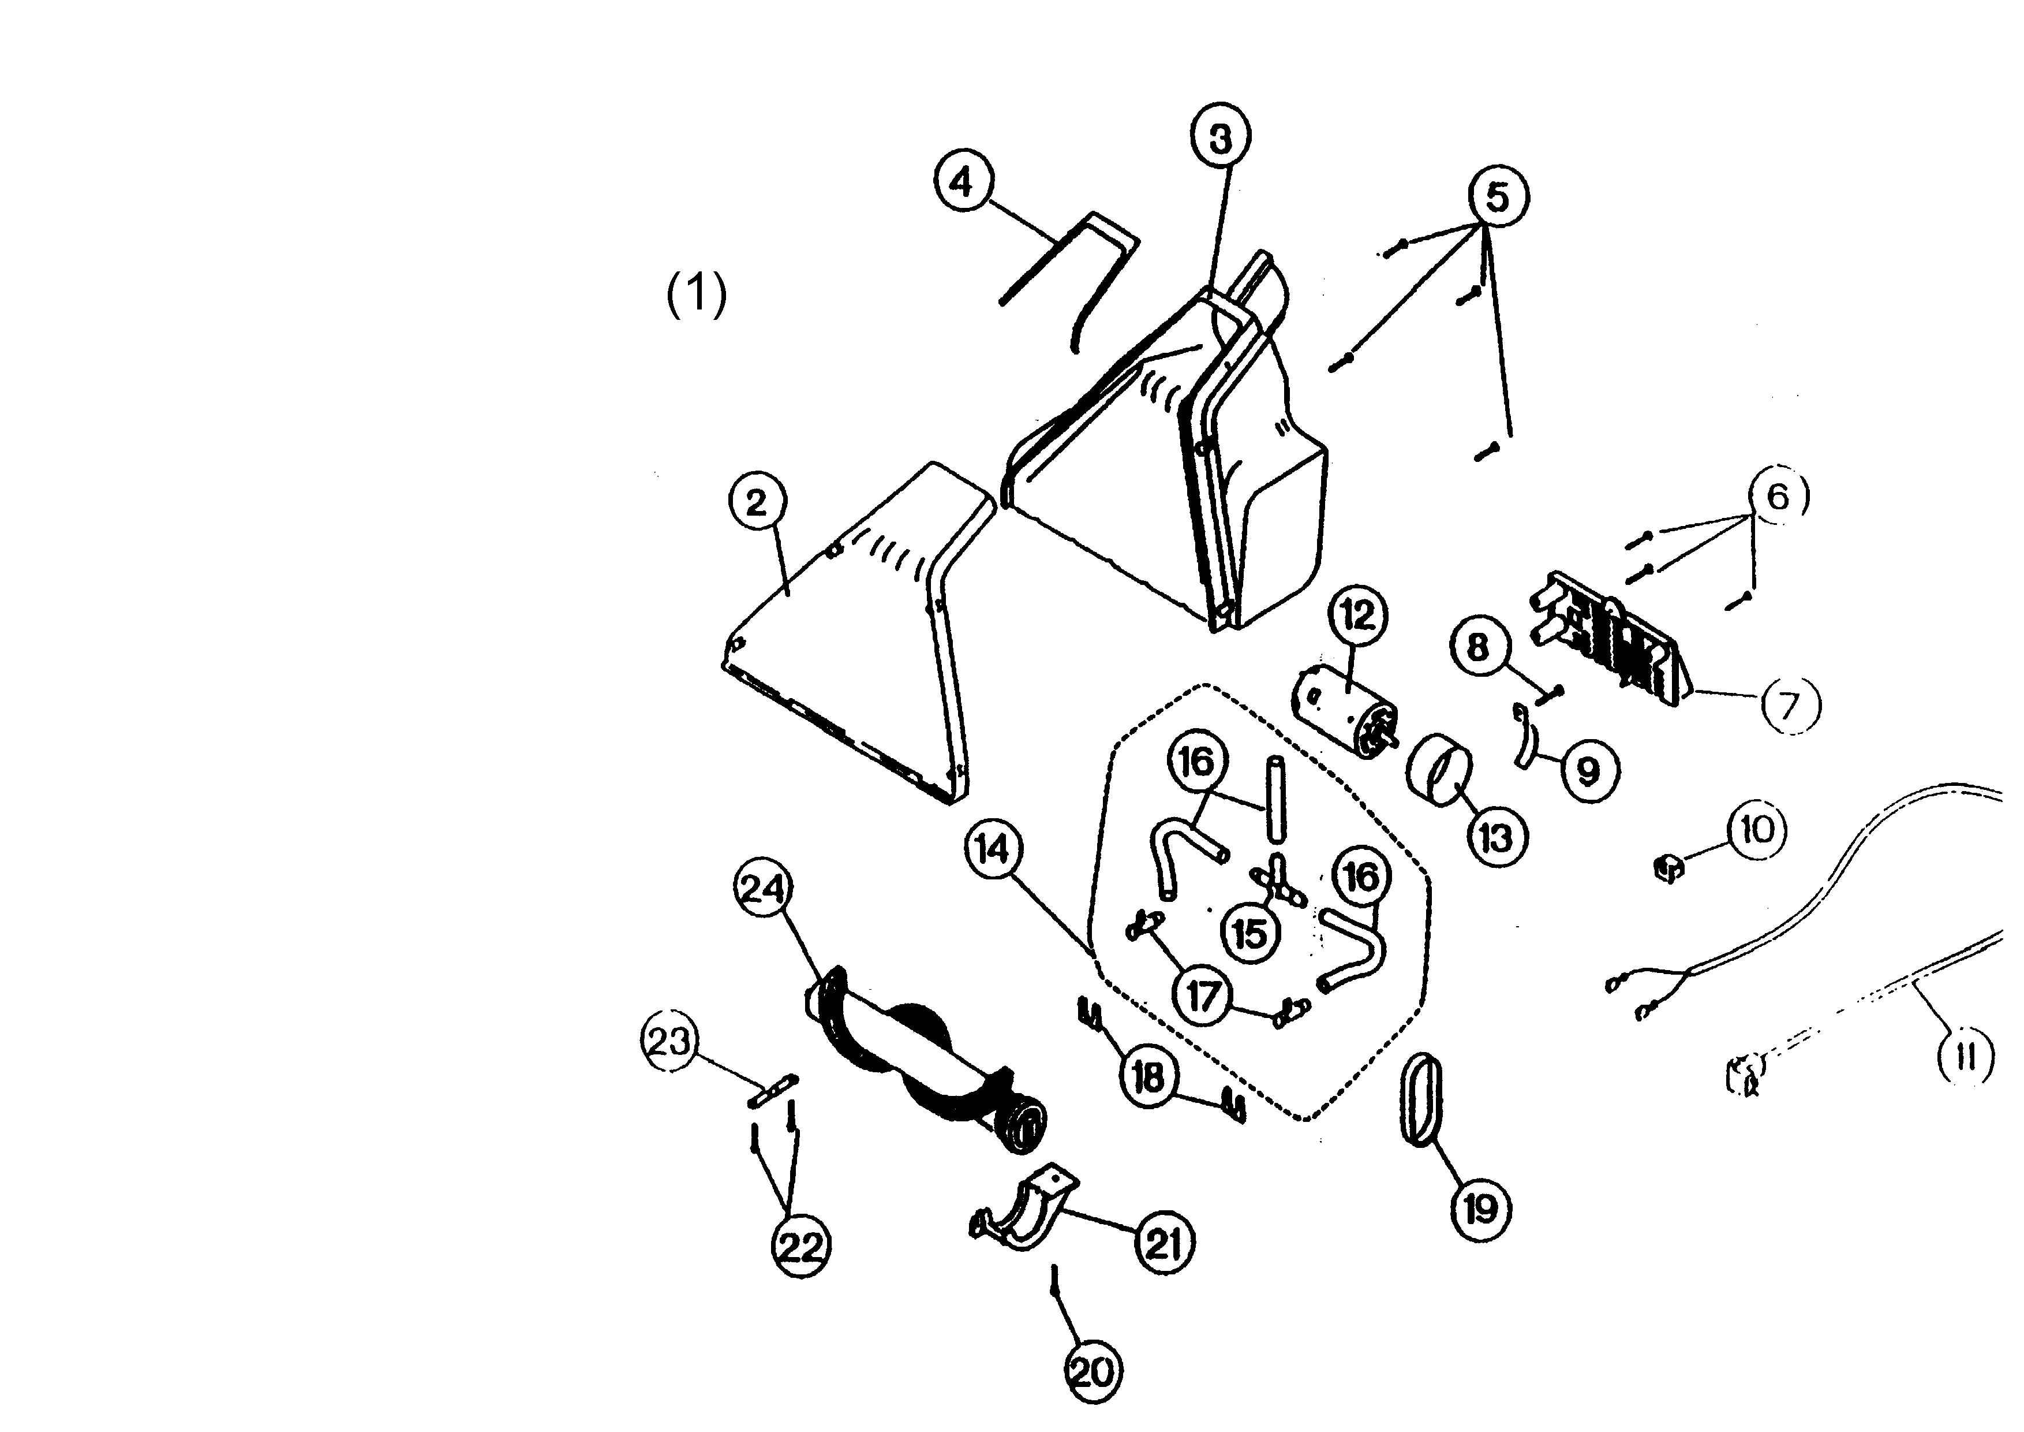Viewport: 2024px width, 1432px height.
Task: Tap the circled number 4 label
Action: click(x=963, y=182)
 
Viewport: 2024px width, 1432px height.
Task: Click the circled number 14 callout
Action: click(x=993, y=849)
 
